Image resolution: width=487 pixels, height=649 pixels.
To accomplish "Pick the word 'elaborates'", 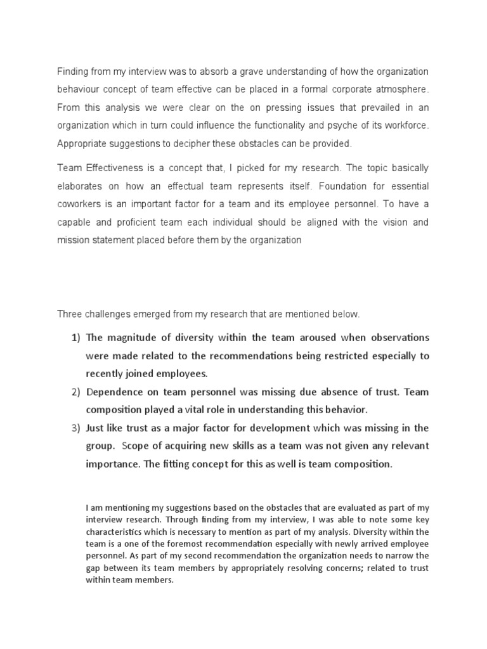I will (79, 187).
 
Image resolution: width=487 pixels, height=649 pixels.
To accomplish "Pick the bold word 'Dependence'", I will (114, 392).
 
